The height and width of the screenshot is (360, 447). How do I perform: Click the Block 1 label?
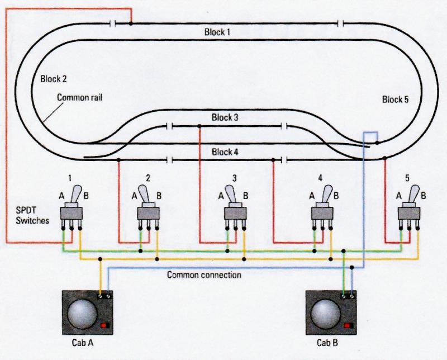pos(217,32)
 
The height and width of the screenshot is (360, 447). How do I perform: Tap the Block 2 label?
pos(53,79)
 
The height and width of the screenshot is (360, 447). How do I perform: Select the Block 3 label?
pos(225,118)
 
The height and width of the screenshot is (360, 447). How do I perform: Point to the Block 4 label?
pos(225,151)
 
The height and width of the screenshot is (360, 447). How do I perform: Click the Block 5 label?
pos(396,100)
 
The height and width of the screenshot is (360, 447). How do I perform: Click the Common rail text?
pos(79,97)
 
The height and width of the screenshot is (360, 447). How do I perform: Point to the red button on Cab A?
pos(104,325)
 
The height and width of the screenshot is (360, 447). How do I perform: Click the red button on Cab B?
pos(350,325)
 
